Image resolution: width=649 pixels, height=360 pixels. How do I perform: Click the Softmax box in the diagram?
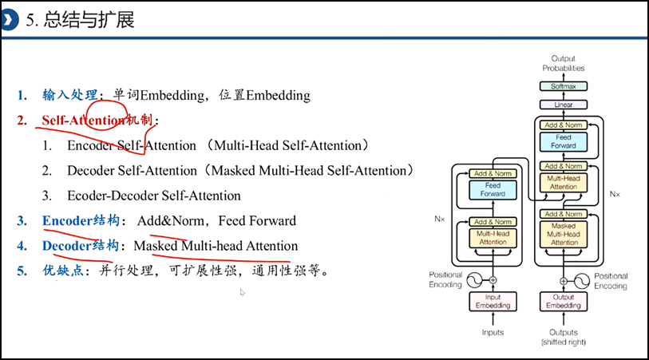click(x=564, y=86)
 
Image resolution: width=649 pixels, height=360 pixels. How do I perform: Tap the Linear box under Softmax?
click(x=564, y=105)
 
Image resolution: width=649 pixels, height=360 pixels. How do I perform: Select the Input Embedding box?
click(x=493, y=301)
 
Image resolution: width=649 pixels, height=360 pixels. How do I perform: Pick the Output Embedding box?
click(x=564, y=301)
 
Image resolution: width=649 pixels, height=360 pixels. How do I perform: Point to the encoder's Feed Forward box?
click(x=493, y=190)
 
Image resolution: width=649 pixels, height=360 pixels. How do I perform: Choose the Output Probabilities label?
click(x=564, y=63)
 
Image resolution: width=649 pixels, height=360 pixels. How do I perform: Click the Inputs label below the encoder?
click(x=493, y=332)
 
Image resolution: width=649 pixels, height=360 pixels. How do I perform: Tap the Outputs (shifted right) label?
click(x=564, y=337)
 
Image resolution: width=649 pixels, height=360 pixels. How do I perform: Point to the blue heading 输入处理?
click(x=69, y=96)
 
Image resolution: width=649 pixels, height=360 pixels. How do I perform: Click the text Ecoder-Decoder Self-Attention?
click(x=154, y=196)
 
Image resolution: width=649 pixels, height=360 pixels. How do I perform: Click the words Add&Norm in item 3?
click(x=168, y=221)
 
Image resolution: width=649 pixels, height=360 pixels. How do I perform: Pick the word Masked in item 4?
click(x=156, y=246)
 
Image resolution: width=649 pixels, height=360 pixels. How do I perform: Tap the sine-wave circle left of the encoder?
click(x=473, y=279)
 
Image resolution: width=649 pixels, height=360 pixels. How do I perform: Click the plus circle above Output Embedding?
click(x=564, y=280)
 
